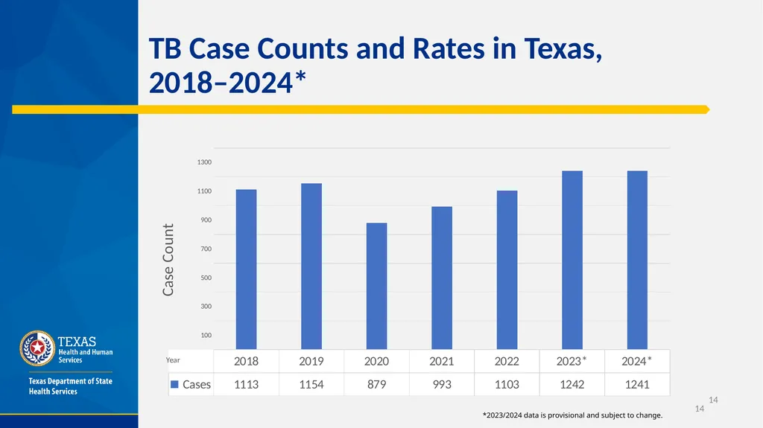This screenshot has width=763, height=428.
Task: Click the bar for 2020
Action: pos(376,286)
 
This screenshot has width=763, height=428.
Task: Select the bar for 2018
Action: pos(246,269)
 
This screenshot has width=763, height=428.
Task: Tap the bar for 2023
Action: pos(572,260)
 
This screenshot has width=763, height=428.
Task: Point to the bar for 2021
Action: pos(442,278)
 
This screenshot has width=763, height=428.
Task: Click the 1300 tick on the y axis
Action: pos(204,162)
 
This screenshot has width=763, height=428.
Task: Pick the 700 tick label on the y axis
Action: pos(206,249)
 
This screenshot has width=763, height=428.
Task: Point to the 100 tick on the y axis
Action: pos(206,335)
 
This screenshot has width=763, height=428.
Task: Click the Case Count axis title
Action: pos(168,260)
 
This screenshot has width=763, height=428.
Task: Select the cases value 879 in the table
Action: pos(376,384)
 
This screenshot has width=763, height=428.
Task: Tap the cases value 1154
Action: pos(311,384)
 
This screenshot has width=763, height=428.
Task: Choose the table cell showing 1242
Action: pos(572,384)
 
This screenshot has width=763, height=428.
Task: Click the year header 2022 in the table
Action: pos(507,361)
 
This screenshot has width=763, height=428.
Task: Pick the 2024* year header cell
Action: pos(637,361)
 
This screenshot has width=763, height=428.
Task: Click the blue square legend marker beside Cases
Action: pos(174,384)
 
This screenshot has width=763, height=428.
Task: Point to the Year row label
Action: pos(173,360)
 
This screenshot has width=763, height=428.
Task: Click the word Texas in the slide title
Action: pos(563,48)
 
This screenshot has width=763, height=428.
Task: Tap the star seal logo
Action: pos(37,348)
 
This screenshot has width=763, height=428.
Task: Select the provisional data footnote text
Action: pos(573,415)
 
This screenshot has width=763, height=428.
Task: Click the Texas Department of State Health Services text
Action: pos(71,386)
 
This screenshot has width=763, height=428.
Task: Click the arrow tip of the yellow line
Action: pos(709,110)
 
